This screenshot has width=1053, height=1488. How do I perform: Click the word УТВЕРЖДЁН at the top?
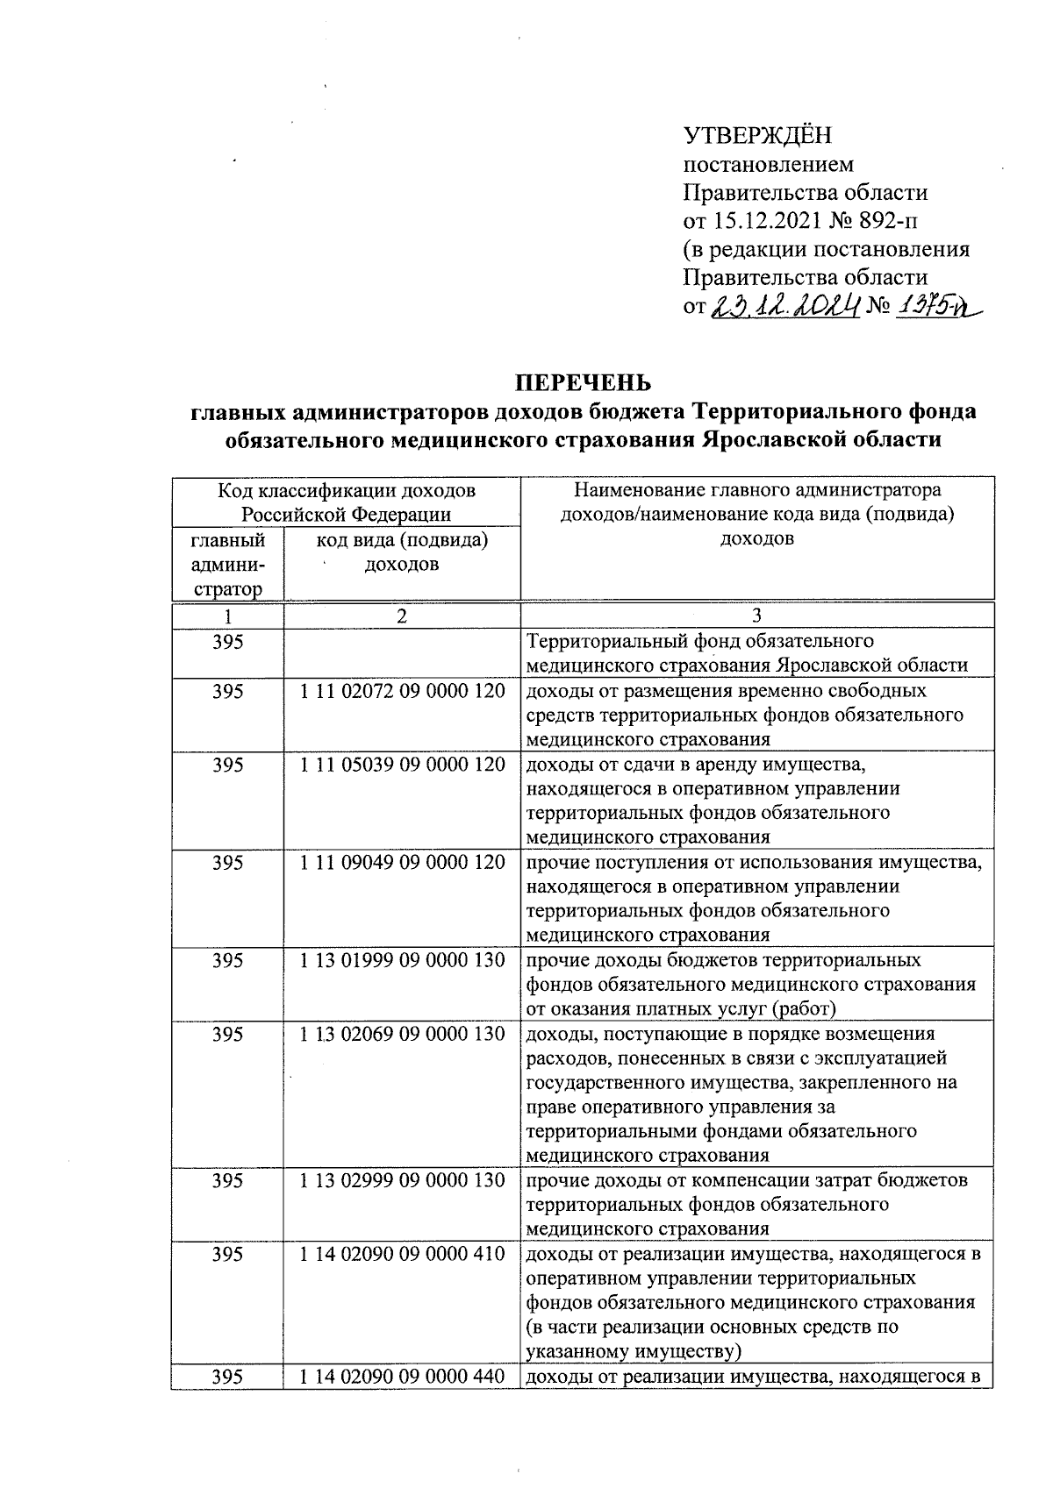pyautogui.click(x=757, y=135)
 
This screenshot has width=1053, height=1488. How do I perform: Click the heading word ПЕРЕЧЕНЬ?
pyautogui.click(x=583, y=383)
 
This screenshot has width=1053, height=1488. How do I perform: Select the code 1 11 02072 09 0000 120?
pyautogui.click(x=402, y=691)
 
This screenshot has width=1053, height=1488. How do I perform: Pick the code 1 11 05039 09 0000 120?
pyautogui.click(x=402, y=765)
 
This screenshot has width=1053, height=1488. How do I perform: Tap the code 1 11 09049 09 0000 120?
pyautogui.click(x=402, y=863)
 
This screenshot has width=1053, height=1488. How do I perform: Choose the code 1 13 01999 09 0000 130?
pyautogui.click(x=402, y=960)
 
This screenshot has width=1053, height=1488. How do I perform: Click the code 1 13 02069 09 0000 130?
pyautogui.click(x=402, y=1034)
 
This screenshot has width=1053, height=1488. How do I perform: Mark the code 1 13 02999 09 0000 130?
pyautogui.click(x=402, y=1180)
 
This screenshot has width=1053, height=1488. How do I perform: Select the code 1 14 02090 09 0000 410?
pyautogui.click(x=402, y=1254)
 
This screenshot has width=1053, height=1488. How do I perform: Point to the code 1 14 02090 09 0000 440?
pyautogui.click(x=402, y=1378)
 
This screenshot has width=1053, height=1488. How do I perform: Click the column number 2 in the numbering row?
pyautogui.click(x=402, y=616)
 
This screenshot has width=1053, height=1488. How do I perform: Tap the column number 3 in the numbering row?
pyautogui.click(x=757, y=616)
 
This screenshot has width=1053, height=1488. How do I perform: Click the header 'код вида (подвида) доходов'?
pyautogui.click(x=402, y=552)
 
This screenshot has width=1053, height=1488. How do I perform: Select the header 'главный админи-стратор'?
pyautogui.click(x=228, y=565)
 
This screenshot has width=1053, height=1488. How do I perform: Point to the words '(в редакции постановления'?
pyautogui.click(x=826, y=249)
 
